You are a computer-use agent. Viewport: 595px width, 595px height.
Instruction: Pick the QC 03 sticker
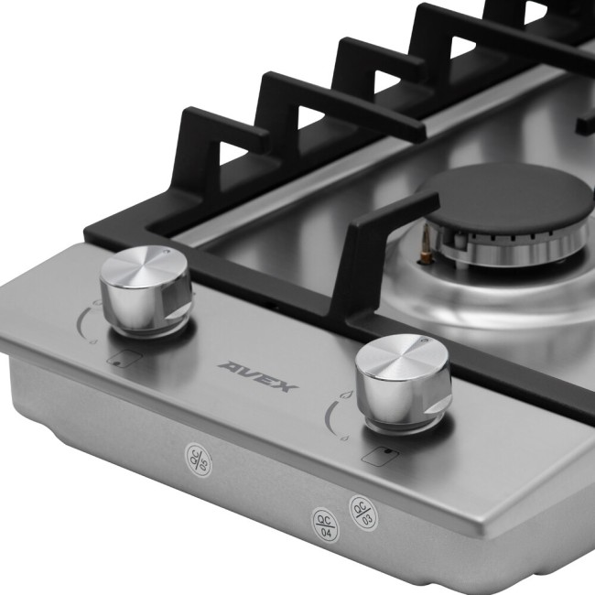click(x=361, y=509)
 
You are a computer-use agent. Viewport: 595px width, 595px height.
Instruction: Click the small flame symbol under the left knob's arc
click(x=92, y=343)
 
